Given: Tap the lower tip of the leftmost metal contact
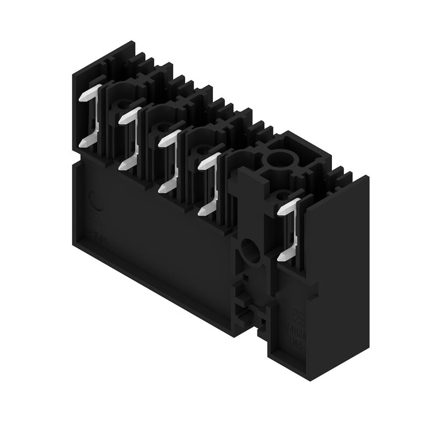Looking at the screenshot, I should click(x=84, y=143).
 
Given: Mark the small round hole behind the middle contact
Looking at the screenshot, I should click(x=202, y=151).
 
